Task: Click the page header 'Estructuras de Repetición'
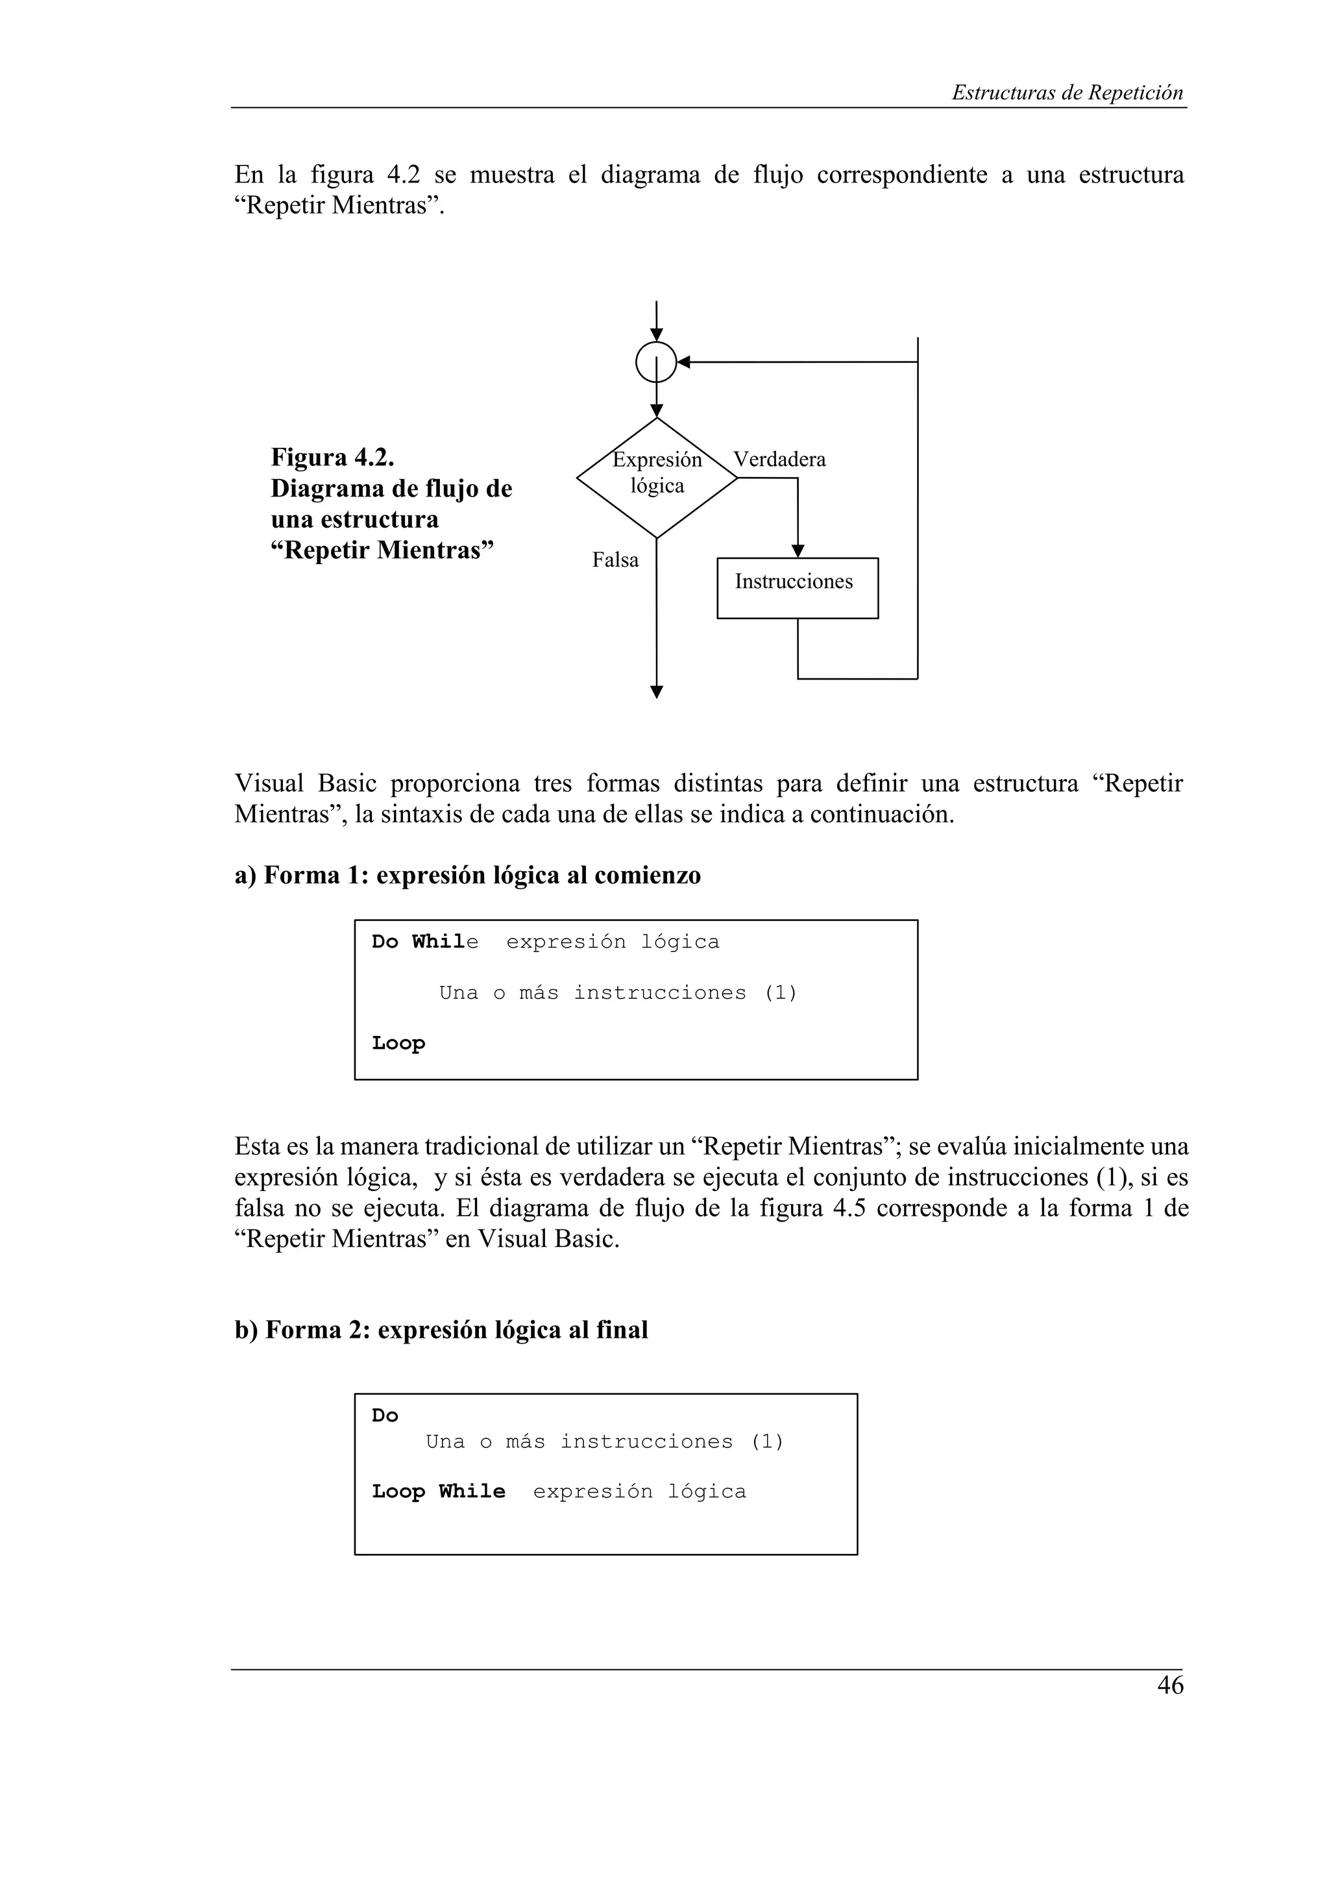[x=1067, y=93]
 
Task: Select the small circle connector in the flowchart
[x=656, y=362]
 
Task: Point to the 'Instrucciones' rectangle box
[x=797, y=587]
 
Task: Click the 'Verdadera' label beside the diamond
[x=779, y=460]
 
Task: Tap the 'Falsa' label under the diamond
[x=615, y=560]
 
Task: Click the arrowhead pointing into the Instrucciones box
[x=798, y=551]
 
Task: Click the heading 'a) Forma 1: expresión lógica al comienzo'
[x=468, y=876]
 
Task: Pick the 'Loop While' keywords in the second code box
[x=438, y=1491]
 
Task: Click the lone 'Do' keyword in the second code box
[x=384, y=1416]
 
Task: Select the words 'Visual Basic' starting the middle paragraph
[x=304, y=784]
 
